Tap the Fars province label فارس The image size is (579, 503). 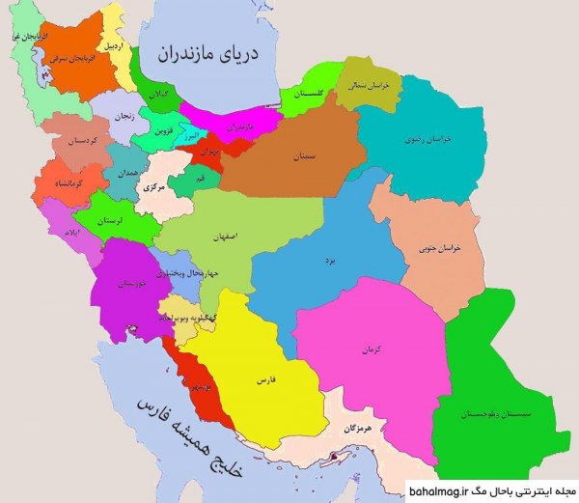(266, 380)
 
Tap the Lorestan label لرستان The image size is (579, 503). (119, 221)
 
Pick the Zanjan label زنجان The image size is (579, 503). (121, 116)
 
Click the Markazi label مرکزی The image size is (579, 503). (155, 188)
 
